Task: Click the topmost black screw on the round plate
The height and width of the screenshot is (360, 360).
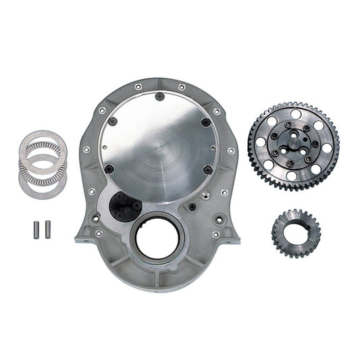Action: click(160, 97)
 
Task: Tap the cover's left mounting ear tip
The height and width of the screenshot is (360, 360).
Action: click(78, 238)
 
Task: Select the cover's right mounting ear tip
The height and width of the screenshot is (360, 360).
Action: click(236, 238)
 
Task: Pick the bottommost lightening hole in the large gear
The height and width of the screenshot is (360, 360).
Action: click(292, 175)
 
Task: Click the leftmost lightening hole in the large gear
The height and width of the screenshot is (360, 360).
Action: click(265, 145)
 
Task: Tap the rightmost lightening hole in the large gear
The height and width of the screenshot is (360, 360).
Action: click(323, 145)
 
